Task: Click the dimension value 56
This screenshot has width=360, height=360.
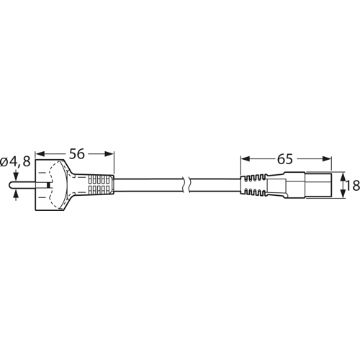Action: click(x=76, y=154)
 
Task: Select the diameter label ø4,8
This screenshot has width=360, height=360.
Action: click(x=16, y=163)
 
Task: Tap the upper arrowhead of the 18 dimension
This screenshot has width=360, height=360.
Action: click(x=341, y=175)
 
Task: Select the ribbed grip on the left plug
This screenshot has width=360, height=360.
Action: click(x=99, y=185)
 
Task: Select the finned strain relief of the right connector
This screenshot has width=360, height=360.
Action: click(x=253, y=185)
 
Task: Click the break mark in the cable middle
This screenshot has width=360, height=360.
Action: click(x=186, y=185)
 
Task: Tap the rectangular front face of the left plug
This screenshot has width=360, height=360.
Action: click(x=50, y=185)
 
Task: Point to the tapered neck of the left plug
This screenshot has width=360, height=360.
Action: click(x=75, y=185)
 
